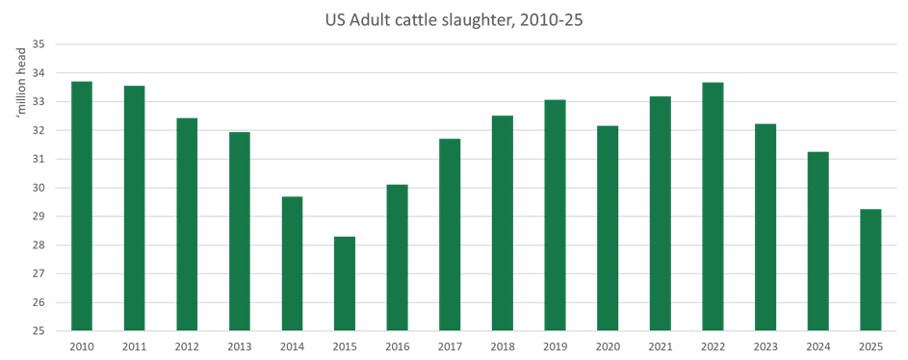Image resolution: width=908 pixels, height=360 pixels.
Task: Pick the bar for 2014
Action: [x=292, y=263]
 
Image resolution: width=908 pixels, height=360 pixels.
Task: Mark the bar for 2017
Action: [x=450, y=234]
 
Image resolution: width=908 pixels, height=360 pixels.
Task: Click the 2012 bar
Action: [x=187, y=223]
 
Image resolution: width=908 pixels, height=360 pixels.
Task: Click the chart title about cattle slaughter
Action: [x=453, y=17]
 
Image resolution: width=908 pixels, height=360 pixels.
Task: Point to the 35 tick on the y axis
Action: [x=38, y=44]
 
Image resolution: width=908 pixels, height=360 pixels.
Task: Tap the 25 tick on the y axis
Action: [x=38, y=331]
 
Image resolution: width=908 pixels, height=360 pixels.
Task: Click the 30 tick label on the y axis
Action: [x=38, y=188]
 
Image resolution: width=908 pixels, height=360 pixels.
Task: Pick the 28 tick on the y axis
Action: [x=38, y=245]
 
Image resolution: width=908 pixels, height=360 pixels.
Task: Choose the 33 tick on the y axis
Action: [x=38, y=101]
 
